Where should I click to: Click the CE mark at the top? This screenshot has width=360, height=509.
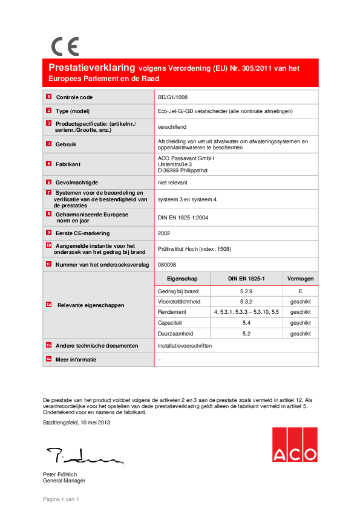click(x=65, y=47)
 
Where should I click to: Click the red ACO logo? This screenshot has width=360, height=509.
click(x=294, y=445)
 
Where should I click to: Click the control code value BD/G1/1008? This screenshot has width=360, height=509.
click(x=172, y=97)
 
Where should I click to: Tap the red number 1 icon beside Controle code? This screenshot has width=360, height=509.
click(x=48, y=97)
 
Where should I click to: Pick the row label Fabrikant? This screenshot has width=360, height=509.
click(x=68, y=164)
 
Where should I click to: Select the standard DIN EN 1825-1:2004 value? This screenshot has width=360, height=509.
click(x=183, y=217)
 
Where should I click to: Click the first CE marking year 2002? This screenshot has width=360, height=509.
click(x=164, y=232)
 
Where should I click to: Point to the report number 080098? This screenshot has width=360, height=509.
click(x=167, y=264)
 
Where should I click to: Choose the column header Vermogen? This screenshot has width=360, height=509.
click(x=300, y=278)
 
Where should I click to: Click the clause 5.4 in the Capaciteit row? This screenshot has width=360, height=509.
click(x=246, y=323)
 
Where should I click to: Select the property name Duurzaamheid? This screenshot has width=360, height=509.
click(x=175, y=333)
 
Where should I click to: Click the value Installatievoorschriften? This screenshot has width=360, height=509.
click(x=184, y=346)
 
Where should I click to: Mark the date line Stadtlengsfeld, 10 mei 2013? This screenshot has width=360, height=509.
click(x=77, y=423)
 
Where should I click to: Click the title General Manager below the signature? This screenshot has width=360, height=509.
click(x=64, y=481)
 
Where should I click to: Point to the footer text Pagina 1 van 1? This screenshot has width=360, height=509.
click(x=61, y=499)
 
